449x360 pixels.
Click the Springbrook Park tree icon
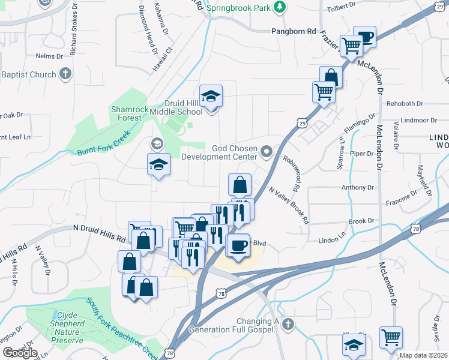coord(279,7)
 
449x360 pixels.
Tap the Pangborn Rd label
coord(294,31)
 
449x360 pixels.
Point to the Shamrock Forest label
coord(126,113)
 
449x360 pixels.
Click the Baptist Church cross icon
coord(66,74)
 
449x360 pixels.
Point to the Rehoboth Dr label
coord(407,103)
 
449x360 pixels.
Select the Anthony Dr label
coord(357,188)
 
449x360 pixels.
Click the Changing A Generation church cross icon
coord(288,325)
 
